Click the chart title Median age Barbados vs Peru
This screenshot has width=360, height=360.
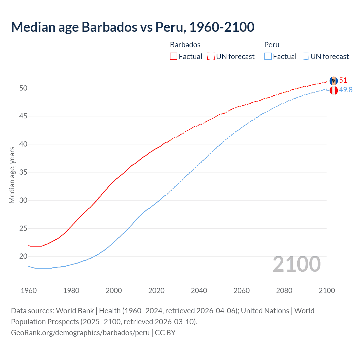click(x=132, y=27)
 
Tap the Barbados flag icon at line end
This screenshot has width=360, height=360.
click(x=334, y=81)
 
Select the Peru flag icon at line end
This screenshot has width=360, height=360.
click(x=334, y=91)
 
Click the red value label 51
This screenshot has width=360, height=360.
click(x=343, y=80)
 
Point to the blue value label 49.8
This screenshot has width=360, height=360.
click(x=346, y=90)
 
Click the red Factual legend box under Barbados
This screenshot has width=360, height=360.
click(x=174, y=56)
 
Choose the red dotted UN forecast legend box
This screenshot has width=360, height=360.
click(x=211, y=56)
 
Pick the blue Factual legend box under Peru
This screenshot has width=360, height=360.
click(x=268, y=56)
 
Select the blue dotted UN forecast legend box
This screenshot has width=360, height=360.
click(x=305, y=56)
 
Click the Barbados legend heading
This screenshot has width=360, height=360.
click(x=185, y=45)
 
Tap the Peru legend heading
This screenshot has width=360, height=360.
click(x=272, y=45)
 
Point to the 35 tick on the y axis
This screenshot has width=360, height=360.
click(x=23, y=172)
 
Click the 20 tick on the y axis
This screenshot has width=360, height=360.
click(x=23, y=256)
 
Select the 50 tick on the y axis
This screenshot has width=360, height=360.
click(x=23, y=88)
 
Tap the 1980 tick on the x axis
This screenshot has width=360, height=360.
click(x=71, y=291)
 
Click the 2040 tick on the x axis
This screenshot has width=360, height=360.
click(x=199, y=291)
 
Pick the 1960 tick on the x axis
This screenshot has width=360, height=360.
click(x=29, y=291)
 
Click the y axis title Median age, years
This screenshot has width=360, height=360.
click(x=12, y=175)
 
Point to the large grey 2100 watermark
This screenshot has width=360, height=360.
click(x=296, y=264)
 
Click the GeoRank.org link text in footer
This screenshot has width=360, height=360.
click(x=80, y=333)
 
